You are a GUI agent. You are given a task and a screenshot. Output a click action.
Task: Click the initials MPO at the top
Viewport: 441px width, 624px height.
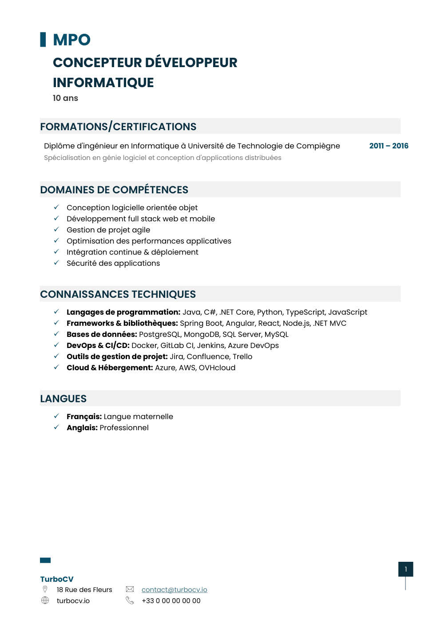click(72, 40)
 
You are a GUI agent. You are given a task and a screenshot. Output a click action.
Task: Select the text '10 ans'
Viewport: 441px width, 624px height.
click(65, 98)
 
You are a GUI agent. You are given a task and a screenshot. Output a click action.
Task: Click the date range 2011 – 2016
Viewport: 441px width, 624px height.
click(389, 146)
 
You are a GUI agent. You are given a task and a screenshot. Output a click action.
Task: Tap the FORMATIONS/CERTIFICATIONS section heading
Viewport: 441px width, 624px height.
click(118, 127)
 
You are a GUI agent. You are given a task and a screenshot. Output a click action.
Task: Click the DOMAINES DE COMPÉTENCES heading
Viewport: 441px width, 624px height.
click(114, 190)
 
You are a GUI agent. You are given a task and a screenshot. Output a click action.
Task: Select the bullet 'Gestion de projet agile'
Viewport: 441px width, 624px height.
click(108, 230)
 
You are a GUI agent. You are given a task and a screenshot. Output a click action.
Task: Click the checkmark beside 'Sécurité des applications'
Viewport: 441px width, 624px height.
click(56, 263)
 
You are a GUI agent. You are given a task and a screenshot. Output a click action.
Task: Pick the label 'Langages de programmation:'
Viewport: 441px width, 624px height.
click(123, 312)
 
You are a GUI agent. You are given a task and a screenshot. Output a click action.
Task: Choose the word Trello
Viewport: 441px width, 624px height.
click(242, 356)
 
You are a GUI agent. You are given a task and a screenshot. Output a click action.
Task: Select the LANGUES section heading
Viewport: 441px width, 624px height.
click(64, 399)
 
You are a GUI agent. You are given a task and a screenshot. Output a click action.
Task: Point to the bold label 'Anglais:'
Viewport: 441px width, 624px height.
click(82, 428)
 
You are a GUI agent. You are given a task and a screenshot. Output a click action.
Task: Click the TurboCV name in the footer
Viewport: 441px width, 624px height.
click(57, 579)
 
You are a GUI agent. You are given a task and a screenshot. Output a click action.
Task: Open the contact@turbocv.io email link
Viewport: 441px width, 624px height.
click(174, 590)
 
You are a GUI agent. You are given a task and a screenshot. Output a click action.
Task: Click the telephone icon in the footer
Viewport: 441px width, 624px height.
click(130, 600)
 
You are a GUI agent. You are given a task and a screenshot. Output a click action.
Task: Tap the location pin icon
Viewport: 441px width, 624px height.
click(45, 589)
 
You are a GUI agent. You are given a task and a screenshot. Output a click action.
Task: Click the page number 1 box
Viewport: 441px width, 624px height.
click(405, 569)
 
